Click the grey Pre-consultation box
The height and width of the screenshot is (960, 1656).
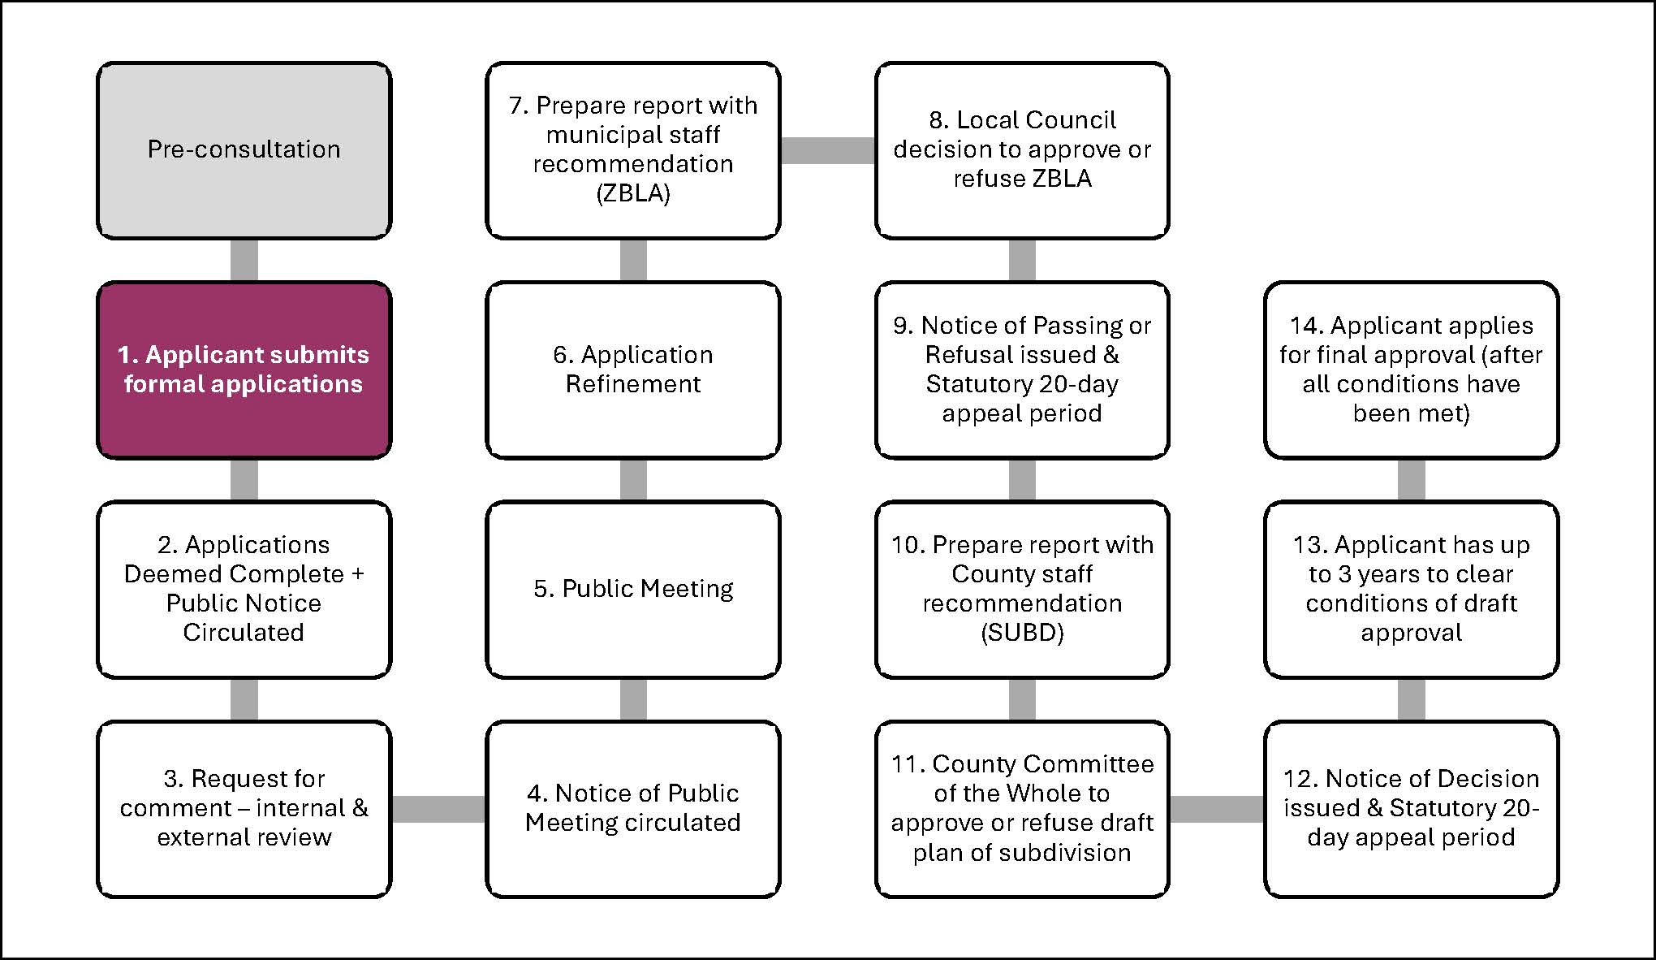244,150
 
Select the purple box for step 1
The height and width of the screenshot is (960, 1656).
244,370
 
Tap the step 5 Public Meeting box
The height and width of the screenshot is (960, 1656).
633,589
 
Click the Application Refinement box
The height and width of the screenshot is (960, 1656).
633,370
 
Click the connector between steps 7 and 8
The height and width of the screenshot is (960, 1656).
827,150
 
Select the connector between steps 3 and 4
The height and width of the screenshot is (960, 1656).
438,809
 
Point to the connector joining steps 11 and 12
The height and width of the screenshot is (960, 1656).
1216,809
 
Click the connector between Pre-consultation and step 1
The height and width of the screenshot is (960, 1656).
244,260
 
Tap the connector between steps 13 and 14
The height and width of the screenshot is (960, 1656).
1411,479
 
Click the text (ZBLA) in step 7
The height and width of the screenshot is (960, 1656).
633,194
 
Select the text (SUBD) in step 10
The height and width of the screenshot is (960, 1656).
1022,633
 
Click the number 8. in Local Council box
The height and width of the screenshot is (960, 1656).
938,120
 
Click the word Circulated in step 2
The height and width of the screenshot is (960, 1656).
244,633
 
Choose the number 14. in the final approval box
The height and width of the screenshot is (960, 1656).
1305,326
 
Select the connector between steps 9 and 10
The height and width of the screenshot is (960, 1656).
1022,479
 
